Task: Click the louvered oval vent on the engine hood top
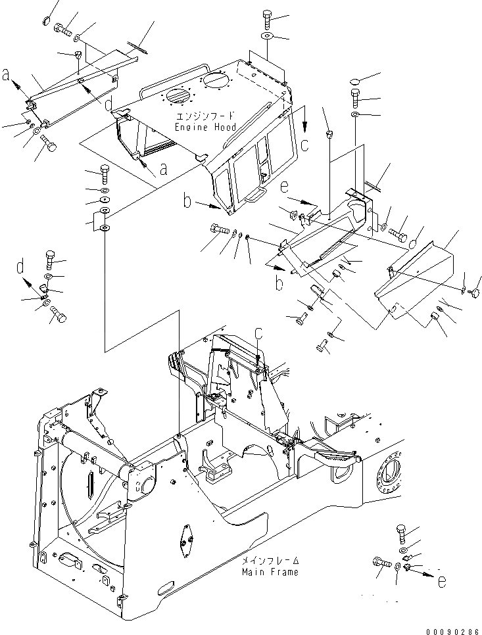[178, 97]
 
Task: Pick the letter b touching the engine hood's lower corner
[187, 202]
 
